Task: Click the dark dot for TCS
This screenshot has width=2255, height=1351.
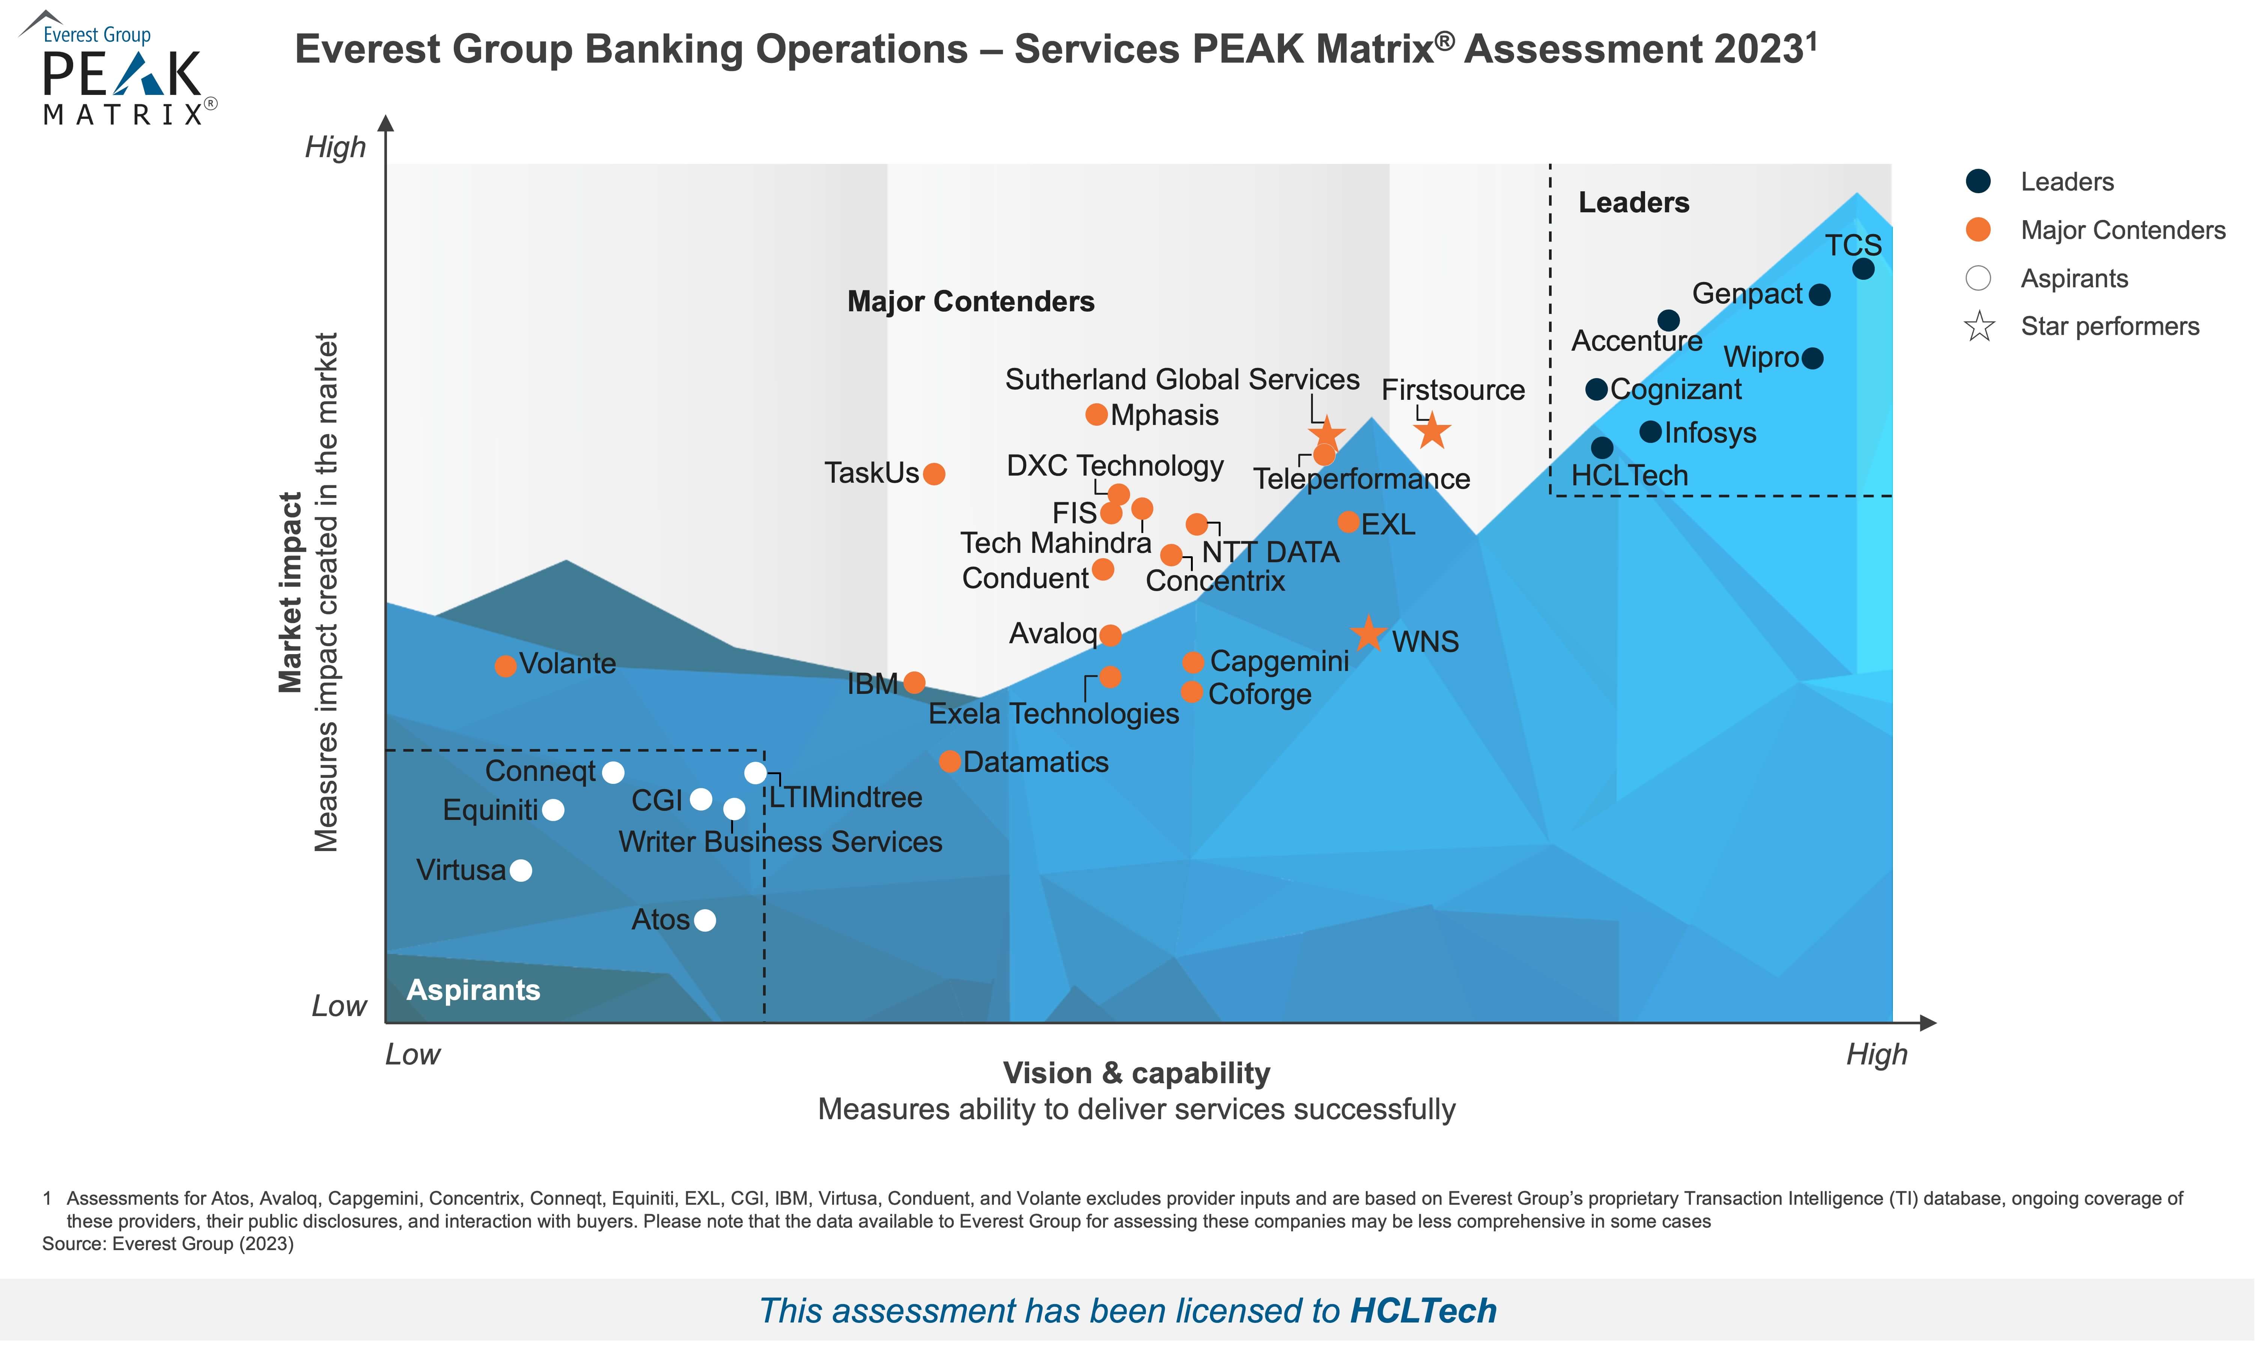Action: [x=1864, y=269]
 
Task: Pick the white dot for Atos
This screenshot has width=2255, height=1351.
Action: [x=705, y=920]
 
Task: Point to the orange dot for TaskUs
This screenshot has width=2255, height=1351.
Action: [x=933, y=473]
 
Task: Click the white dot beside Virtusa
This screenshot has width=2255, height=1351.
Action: [x=521, y=870]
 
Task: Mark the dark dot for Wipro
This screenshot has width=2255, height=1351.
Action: [x=1812, y=358]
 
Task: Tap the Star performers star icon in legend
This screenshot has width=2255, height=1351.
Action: [x=1979, y=326]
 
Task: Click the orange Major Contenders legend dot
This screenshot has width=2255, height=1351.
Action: [x=1978, y=230]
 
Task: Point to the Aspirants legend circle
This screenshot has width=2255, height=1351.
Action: [x=1978, y=278]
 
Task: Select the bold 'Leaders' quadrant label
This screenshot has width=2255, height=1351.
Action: [x=1634, y=202]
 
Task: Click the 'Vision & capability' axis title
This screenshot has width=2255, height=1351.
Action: [x=1137, y=1072]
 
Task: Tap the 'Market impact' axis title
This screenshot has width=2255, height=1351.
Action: [x=290, y=593]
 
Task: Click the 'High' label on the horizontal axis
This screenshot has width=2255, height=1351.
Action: [x=1876, y=1054]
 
